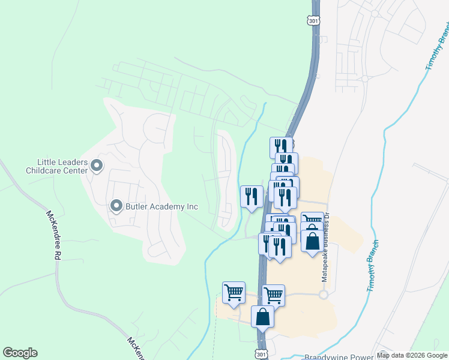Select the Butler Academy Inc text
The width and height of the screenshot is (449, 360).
point(161,206)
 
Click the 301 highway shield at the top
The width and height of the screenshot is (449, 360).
point(313,21)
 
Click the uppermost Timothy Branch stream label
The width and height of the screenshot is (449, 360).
point(438,47)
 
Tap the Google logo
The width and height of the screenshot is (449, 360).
point(20,353)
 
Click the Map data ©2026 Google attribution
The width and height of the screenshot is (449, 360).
point(411,356)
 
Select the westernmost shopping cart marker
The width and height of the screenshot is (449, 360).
point(234,293)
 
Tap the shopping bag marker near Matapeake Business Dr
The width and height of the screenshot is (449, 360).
point(312,241)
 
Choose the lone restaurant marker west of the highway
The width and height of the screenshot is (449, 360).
point(252,196)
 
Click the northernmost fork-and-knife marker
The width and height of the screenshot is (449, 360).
point(281,147)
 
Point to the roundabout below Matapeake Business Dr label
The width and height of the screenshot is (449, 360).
point(324,295)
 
